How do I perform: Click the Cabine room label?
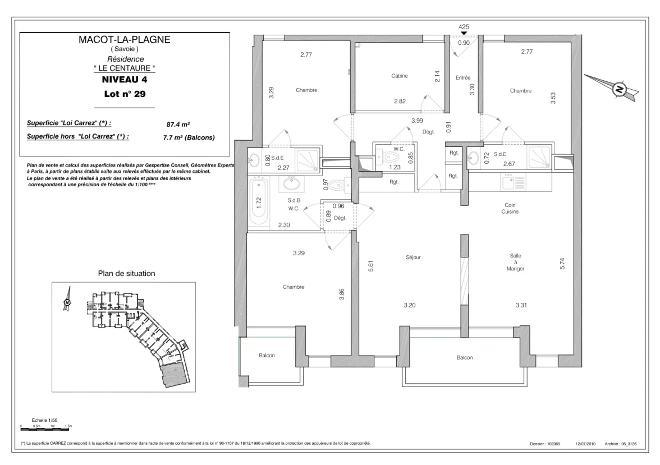[399, 76]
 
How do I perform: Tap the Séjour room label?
[413, 257]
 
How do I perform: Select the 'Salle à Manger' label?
[515, 262]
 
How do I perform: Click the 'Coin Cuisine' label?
[510, 208]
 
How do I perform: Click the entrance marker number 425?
[464, 27]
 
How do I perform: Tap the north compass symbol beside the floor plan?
[619, 89]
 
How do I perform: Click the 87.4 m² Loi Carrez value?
[178, 124]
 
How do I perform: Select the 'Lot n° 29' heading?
[125, 94]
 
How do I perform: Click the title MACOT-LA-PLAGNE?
[124, 40]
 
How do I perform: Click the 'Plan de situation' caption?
[126, 274]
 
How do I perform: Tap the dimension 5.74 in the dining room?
[562, 264]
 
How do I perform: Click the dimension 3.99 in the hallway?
[417, 121]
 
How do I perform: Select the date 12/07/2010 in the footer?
[585, 444]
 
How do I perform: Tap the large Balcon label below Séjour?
[464, 358]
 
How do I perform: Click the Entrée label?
[463, 78]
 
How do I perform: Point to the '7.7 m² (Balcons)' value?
[189, 138]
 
